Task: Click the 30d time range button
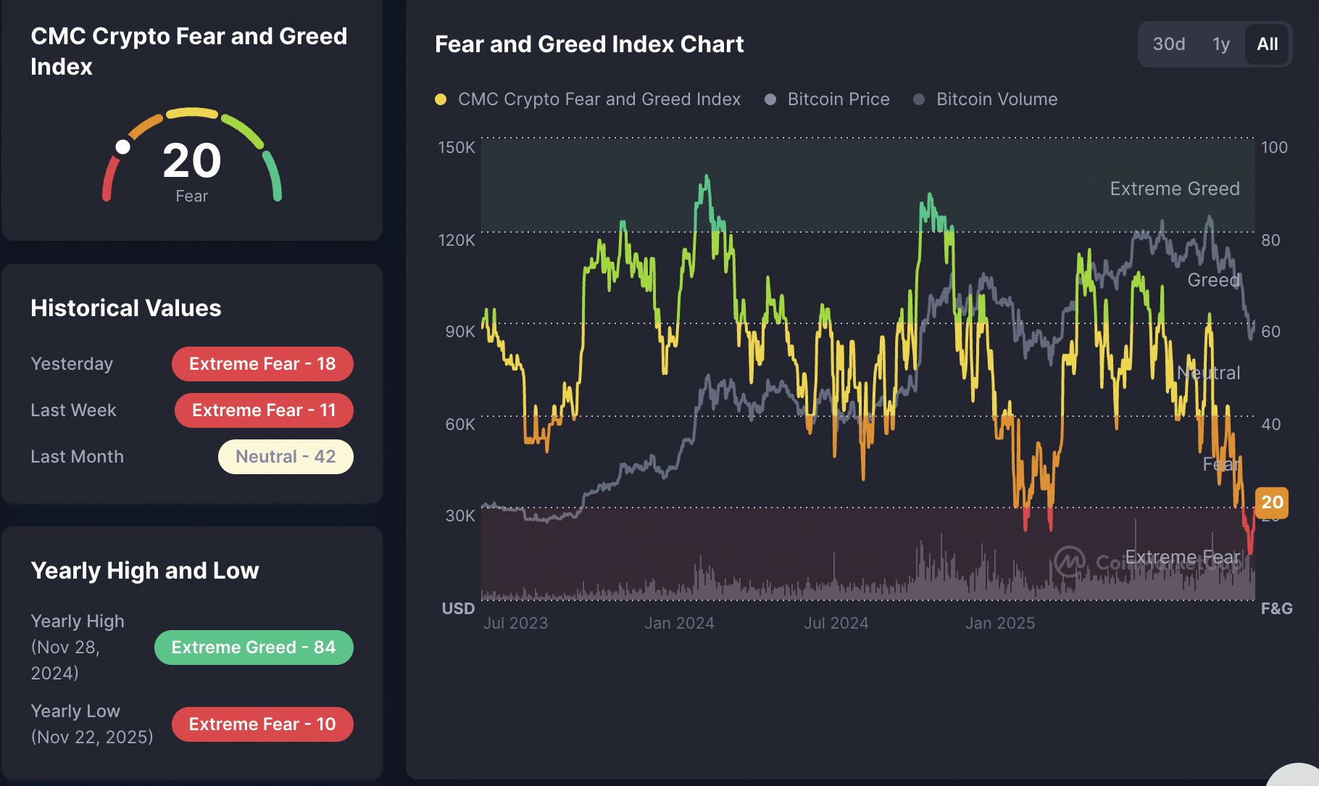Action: click(x=1169, y=44)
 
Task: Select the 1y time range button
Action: click(x=1221, y=44)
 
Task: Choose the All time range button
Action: click(x=1268, y=44)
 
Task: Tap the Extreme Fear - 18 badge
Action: click(x=262, y=364)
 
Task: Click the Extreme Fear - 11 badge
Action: click(x=264, y=410)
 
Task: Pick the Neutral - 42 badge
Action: click(x=286, y=457)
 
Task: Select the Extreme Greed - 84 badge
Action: click(x=254, y=648)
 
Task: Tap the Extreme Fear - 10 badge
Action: click(x=262, y=724)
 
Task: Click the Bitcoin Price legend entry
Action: click(x=838, y=99)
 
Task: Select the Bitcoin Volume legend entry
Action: click(x=996, y=99)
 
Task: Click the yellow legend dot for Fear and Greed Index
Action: click(x=441, y=99)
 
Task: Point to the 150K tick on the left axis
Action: click(x=457, y=147)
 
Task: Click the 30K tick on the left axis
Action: click(x=460, y=516)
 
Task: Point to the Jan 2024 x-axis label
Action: click(x=679, y=623)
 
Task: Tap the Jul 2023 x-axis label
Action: click(x=515, y=623)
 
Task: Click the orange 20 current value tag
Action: click(x=1272, y=502)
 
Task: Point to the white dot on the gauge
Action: click(x=123, y=147)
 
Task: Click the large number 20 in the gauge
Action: click(x=191, y=160)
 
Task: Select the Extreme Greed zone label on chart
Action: click(x=1175, y=189)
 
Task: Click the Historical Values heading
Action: click(x=126, y=308)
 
